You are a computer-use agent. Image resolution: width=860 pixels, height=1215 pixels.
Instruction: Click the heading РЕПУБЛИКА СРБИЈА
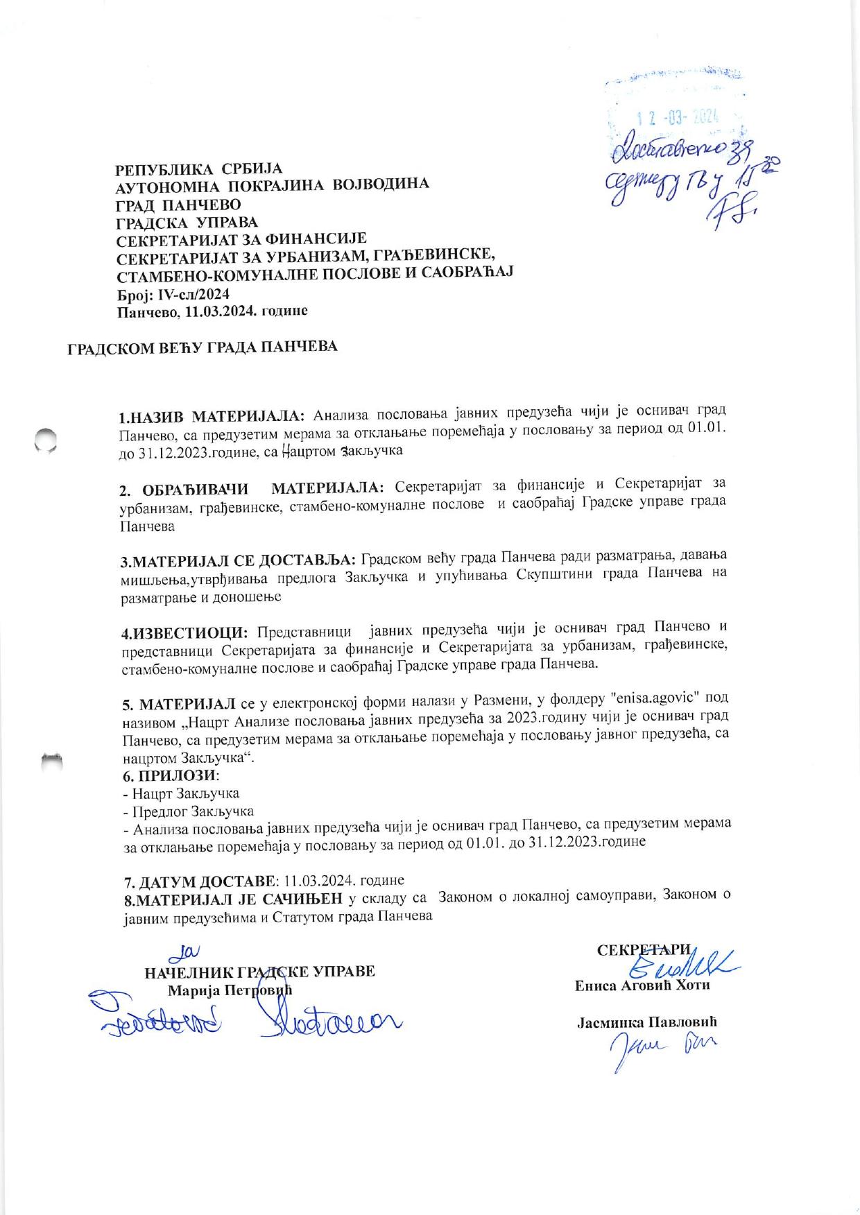[x=199, y=169]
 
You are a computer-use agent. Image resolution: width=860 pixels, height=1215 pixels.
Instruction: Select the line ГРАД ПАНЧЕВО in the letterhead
[x=178, y=205]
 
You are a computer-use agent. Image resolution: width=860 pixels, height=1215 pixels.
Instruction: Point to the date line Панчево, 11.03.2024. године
[x=213, y=311]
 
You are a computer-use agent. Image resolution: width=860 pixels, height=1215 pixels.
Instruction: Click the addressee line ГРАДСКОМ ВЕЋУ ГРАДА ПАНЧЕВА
[x=203, y=347]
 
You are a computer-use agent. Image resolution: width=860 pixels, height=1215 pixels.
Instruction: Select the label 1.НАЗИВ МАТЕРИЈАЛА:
[x=212, y=416]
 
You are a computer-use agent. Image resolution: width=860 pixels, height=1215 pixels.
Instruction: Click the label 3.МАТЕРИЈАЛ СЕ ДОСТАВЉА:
[x=239, y=559]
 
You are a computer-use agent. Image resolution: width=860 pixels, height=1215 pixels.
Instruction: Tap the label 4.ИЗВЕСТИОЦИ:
[x=185, y=633]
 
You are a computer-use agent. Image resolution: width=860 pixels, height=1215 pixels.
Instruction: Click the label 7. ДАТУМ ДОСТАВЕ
[x=199, y=881]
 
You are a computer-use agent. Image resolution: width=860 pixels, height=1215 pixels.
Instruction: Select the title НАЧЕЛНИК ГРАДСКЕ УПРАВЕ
[x=260, y=971]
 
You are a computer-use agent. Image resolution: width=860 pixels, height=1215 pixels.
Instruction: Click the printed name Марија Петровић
[x=230, y=990]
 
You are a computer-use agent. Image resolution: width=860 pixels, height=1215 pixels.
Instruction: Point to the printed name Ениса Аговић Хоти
[x=642, y=985]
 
